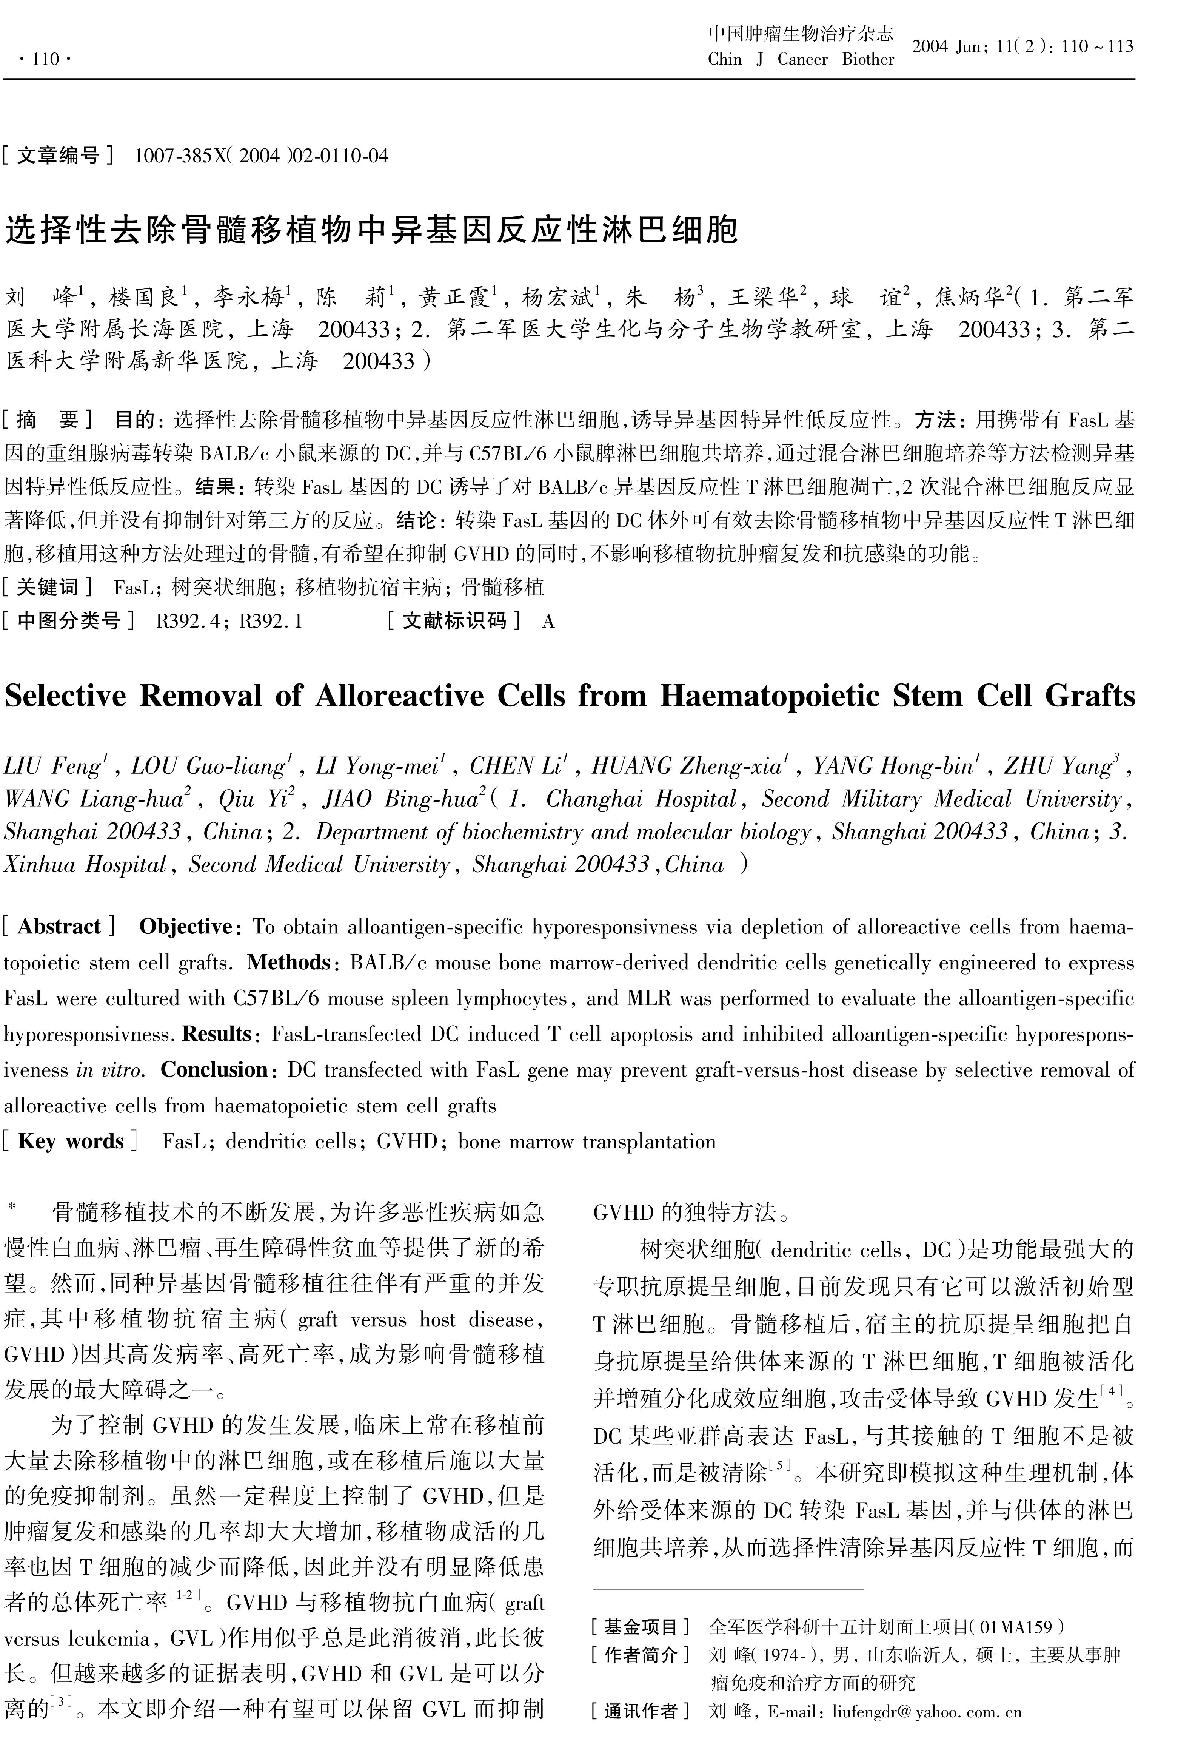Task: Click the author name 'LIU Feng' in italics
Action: click(x=52, y=766)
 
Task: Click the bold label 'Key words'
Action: click(x=71, y=1141)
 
